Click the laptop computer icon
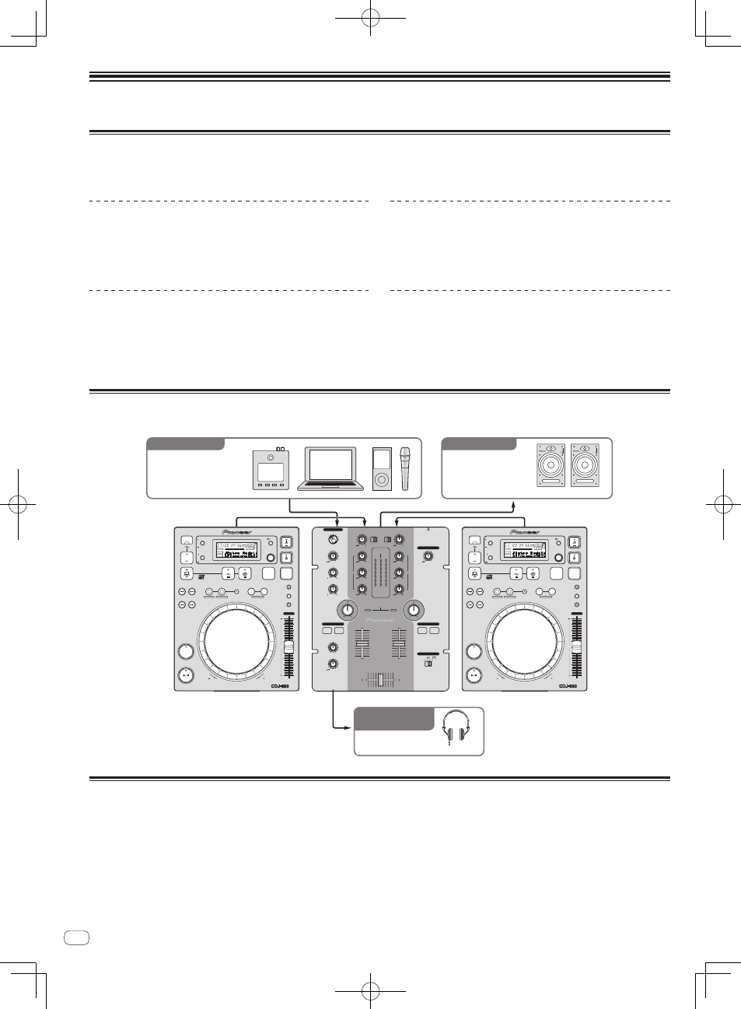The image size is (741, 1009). pos(330,468)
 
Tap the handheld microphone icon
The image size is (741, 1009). pos(404,468)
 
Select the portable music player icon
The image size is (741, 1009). pos(382,469)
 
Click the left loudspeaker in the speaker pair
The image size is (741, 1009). pos(551,465)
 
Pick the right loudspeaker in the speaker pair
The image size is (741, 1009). pos(585,465)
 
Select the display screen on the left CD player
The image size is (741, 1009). pos(237,550)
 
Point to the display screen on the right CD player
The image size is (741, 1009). pos(526,550)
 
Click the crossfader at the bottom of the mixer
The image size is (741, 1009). pos(381,680)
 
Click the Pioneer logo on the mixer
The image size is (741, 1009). pos(381,620)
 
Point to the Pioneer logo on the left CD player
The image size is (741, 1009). pos(237,532)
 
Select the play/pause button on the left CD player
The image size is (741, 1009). pos(185,675)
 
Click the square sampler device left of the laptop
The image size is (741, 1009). pos(270,471)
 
